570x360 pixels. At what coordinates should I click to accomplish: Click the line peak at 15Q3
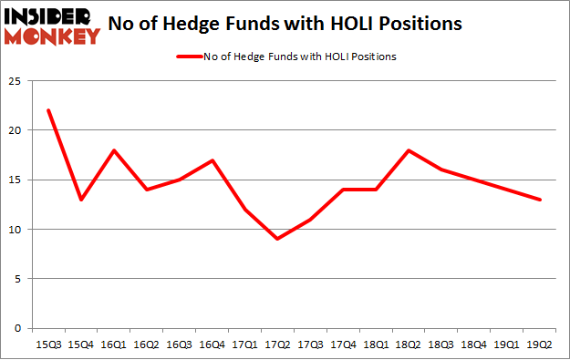click(48, 110)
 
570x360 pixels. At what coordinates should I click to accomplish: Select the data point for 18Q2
click(409, 150)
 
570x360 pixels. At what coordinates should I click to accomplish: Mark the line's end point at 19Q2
click(540, 200)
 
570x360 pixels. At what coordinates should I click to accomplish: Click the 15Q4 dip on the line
click(81, 200)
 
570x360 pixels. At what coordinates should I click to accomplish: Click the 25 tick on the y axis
click(16, 81)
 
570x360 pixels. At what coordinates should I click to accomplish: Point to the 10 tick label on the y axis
click(16, 230)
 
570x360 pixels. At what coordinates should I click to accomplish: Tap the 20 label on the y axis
click(16, 130)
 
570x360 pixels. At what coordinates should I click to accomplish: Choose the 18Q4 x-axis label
click(474, 345)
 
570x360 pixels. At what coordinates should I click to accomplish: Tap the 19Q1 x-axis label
click(507, 345)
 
